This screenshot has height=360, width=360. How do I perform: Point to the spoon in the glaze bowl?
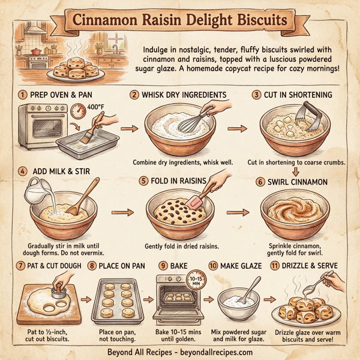point(251,289)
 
